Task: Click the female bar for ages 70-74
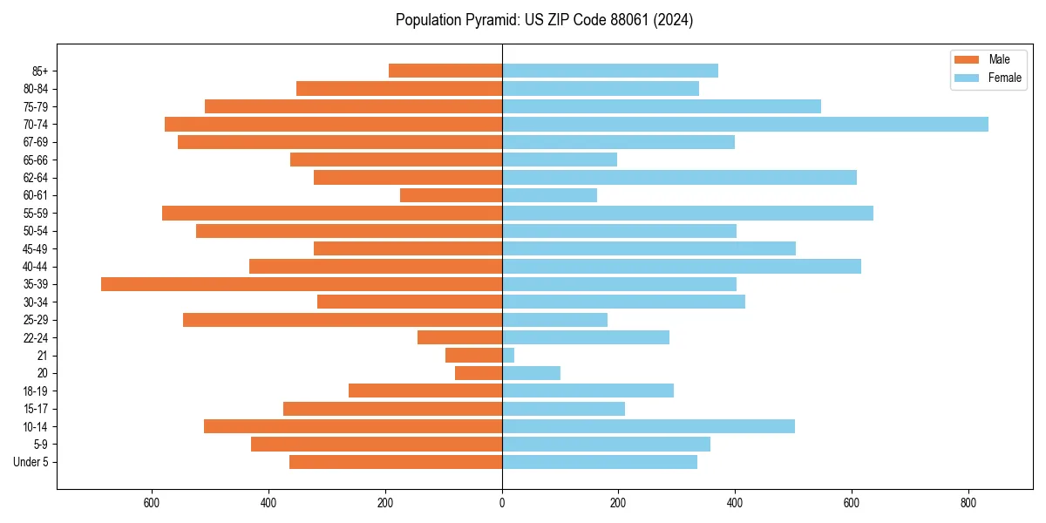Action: tap(745, 124)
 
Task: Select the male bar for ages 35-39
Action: tap(302, 284)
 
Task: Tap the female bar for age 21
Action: tap(508, 355)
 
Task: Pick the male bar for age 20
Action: tap(479, 373)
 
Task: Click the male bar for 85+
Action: tap(445, 71)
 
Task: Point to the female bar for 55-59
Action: tap(688, 213)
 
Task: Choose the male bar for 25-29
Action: tap(343, 320)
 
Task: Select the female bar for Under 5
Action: tap(600, 462)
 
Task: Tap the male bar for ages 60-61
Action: tap(451, 195)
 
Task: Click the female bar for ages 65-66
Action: tap(560, 160)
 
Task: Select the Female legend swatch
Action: tap(968, 78)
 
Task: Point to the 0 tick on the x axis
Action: tap(502, 503)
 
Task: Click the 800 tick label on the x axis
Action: tap(968, 503)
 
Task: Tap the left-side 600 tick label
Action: tap(152, 503)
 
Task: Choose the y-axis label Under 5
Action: tap(31, 462)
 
